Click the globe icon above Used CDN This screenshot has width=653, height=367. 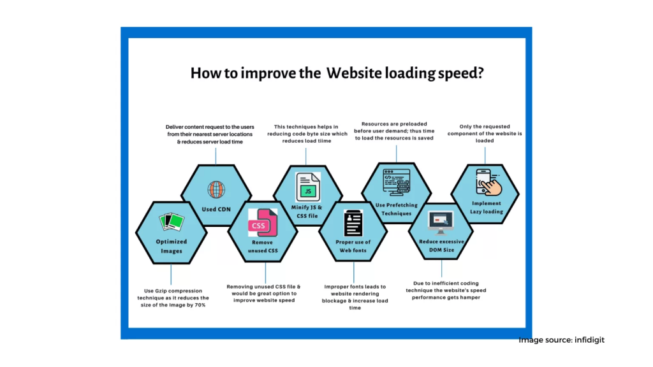pos(216,190)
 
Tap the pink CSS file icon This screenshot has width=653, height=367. pos(263,222)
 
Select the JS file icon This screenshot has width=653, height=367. pos(308,187)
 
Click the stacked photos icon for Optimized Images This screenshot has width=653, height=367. pos(172,221)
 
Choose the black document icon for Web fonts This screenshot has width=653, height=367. pos(353,223)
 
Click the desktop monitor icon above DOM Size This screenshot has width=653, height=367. pos(441,222)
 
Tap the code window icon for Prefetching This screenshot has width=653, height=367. pos(397,182)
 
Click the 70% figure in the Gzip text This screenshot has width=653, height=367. pos(200,305)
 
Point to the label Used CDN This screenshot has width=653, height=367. pos(216,209)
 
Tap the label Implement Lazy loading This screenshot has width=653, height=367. pos(487,207)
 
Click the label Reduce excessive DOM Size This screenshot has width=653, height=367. pos(441,245)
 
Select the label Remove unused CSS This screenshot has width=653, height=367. pos(263,247)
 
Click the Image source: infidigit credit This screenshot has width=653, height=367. pos(561,340)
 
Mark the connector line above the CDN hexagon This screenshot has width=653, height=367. pos(216,156)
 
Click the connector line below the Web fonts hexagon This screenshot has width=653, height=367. pos(354,272)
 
